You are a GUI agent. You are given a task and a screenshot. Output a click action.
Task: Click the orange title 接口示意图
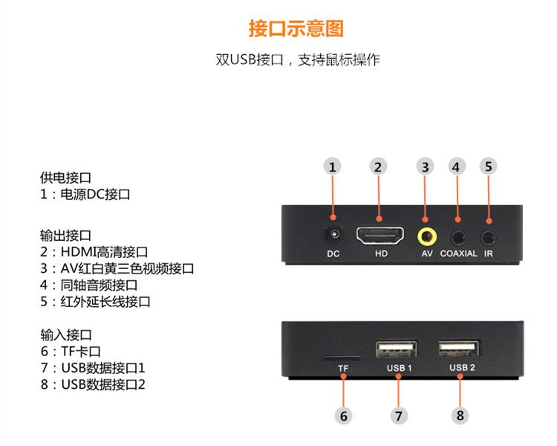tap(296, 29)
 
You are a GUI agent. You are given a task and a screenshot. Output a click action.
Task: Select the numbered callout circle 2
tap(377, 167)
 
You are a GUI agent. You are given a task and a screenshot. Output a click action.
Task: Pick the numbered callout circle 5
tap(488, 166)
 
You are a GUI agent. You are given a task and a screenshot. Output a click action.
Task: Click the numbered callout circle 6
tap(343, 416)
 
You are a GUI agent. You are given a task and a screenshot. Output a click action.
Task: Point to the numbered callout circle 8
tap(460, 416)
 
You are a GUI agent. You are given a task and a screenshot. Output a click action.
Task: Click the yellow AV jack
tap(426, 236)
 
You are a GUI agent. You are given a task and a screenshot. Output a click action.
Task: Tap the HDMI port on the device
tap(381, 237)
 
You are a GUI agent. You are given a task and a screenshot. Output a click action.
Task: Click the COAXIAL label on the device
tap(458, 253)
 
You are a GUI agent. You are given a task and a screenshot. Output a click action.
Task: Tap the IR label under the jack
tap(488, 253)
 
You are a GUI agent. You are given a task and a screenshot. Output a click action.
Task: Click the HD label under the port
tap(381, 253)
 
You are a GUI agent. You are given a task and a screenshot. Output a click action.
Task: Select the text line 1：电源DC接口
tap(85, 195)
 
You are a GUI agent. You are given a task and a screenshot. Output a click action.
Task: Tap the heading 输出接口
tap(66, 236)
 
